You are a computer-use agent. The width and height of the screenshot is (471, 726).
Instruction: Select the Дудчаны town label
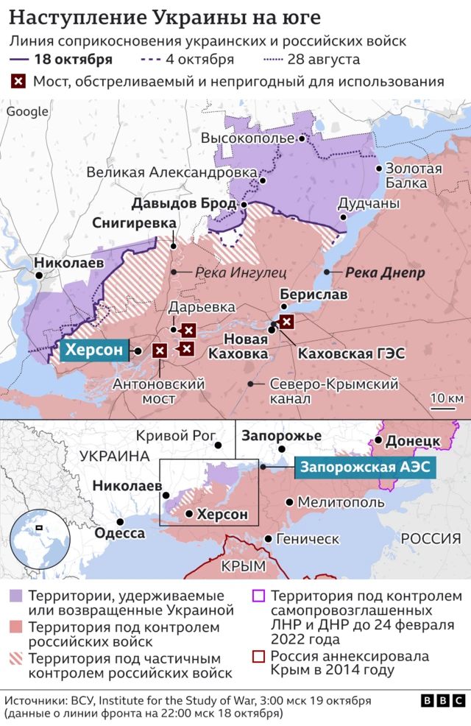tap(369, 203)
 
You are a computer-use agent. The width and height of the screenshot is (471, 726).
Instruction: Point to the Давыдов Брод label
tap(173, 202)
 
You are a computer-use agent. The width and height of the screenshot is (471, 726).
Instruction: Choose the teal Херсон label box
tap(93, 350)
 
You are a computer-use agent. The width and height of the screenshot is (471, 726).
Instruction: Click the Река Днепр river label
tap(384, 272)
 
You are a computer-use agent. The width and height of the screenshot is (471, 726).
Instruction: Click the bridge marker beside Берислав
tap(287, 322)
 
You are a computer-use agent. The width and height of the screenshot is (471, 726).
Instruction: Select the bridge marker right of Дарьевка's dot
tap(189, 330)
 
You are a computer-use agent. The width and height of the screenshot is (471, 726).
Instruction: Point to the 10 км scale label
tap(445, 398)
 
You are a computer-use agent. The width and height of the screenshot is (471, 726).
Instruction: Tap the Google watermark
tap(27, 111)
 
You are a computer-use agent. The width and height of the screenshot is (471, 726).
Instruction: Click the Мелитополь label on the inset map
tap(340, 502)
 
